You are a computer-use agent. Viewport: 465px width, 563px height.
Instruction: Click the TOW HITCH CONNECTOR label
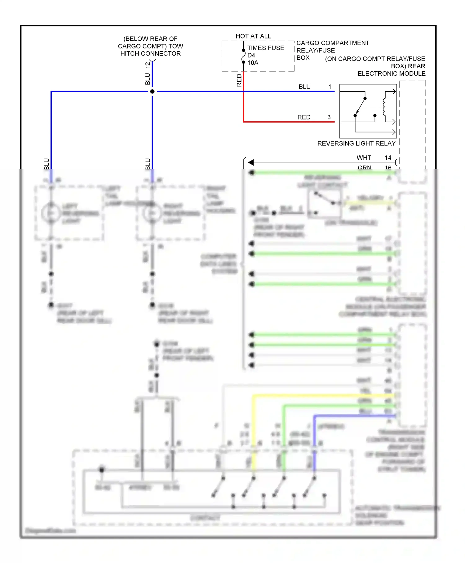click(150, 46)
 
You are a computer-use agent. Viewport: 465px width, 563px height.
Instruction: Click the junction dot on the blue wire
click(152, 92)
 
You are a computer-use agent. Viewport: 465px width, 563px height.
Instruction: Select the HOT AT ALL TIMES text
click(253, 36)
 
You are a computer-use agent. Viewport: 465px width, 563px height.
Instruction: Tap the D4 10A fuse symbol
click(244, 56)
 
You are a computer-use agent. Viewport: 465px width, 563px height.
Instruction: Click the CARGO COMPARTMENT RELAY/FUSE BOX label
click(332, 50)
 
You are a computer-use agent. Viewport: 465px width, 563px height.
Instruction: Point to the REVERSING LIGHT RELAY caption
click(356, 143)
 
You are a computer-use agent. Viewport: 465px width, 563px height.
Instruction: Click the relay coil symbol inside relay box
click(384, 107)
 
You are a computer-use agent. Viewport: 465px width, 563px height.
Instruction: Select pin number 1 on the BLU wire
click(330, 87)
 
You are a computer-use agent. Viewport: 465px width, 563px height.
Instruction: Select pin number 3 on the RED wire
click(329, 117)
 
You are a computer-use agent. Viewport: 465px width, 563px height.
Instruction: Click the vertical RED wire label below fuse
click(239, 80)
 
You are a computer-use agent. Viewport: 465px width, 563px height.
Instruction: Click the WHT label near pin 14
click(364, 158)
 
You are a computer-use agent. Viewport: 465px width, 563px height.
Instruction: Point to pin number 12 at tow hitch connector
click(148, 65)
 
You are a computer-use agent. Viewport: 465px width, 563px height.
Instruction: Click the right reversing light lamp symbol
click(152, 213)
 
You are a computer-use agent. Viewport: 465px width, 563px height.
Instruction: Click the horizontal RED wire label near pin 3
click(303, 117)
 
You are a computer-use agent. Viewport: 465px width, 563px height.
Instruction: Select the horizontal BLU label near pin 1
click(304, 87)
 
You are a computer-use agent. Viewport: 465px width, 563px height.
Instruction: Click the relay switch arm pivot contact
click(355, 115)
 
